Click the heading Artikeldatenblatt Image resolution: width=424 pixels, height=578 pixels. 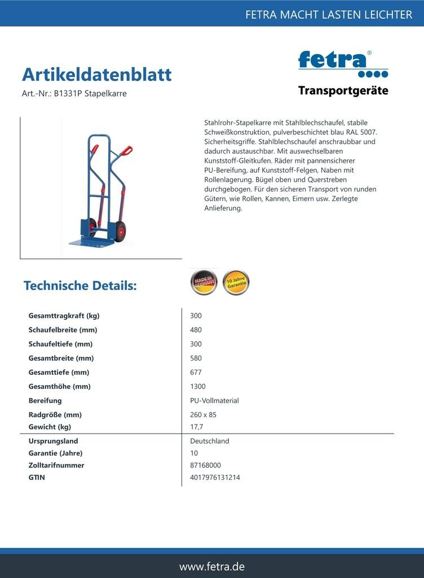(x=96, y=75)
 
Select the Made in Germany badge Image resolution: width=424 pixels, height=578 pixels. (x=203, y=282)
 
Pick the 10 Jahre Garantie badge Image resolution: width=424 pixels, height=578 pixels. (x=236, y=282)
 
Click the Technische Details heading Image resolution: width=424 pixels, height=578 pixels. (x=80, y=286)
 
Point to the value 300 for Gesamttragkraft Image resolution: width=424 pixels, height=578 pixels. (x=196, y=316)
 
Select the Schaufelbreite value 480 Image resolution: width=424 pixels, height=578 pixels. (x=196, y=330)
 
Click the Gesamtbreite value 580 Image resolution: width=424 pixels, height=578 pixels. (x=196, y=358)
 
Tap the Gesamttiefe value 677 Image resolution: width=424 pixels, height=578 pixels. (x=196, y=373)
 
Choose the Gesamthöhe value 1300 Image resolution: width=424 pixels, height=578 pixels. (x=198, y=387)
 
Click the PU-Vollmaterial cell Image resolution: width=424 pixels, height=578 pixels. (x=214, y=401)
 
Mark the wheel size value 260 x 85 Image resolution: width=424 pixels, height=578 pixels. (x=203, y=415)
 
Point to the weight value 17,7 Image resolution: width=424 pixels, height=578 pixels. (x=197, y=427)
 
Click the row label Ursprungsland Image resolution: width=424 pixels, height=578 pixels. (x=53, y=441)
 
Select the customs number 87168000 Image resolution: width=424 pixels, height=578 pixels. (x=205, y=466)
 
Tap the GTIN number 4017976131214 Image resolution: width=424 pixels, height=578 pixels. (x=215, y=478)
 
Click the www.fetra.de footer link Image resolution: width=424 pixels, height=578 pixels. (x=212, y=566)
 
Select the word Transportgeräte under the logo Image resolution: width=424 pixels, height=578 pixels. (x=343, y=91)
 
